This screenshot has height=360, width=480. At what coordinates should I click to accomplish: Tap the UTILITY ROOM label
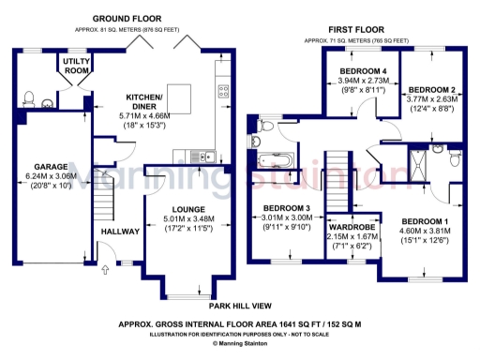tap(76, 65)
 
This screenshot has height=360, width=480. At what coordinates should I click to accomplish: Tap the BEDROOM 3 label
tap(288, 208)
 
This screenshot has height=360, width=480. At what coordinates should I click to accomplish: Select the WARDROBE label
tap(352, 228)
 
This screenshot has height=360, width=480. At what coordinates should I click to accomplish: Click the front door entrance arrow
tap(105, 272)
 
